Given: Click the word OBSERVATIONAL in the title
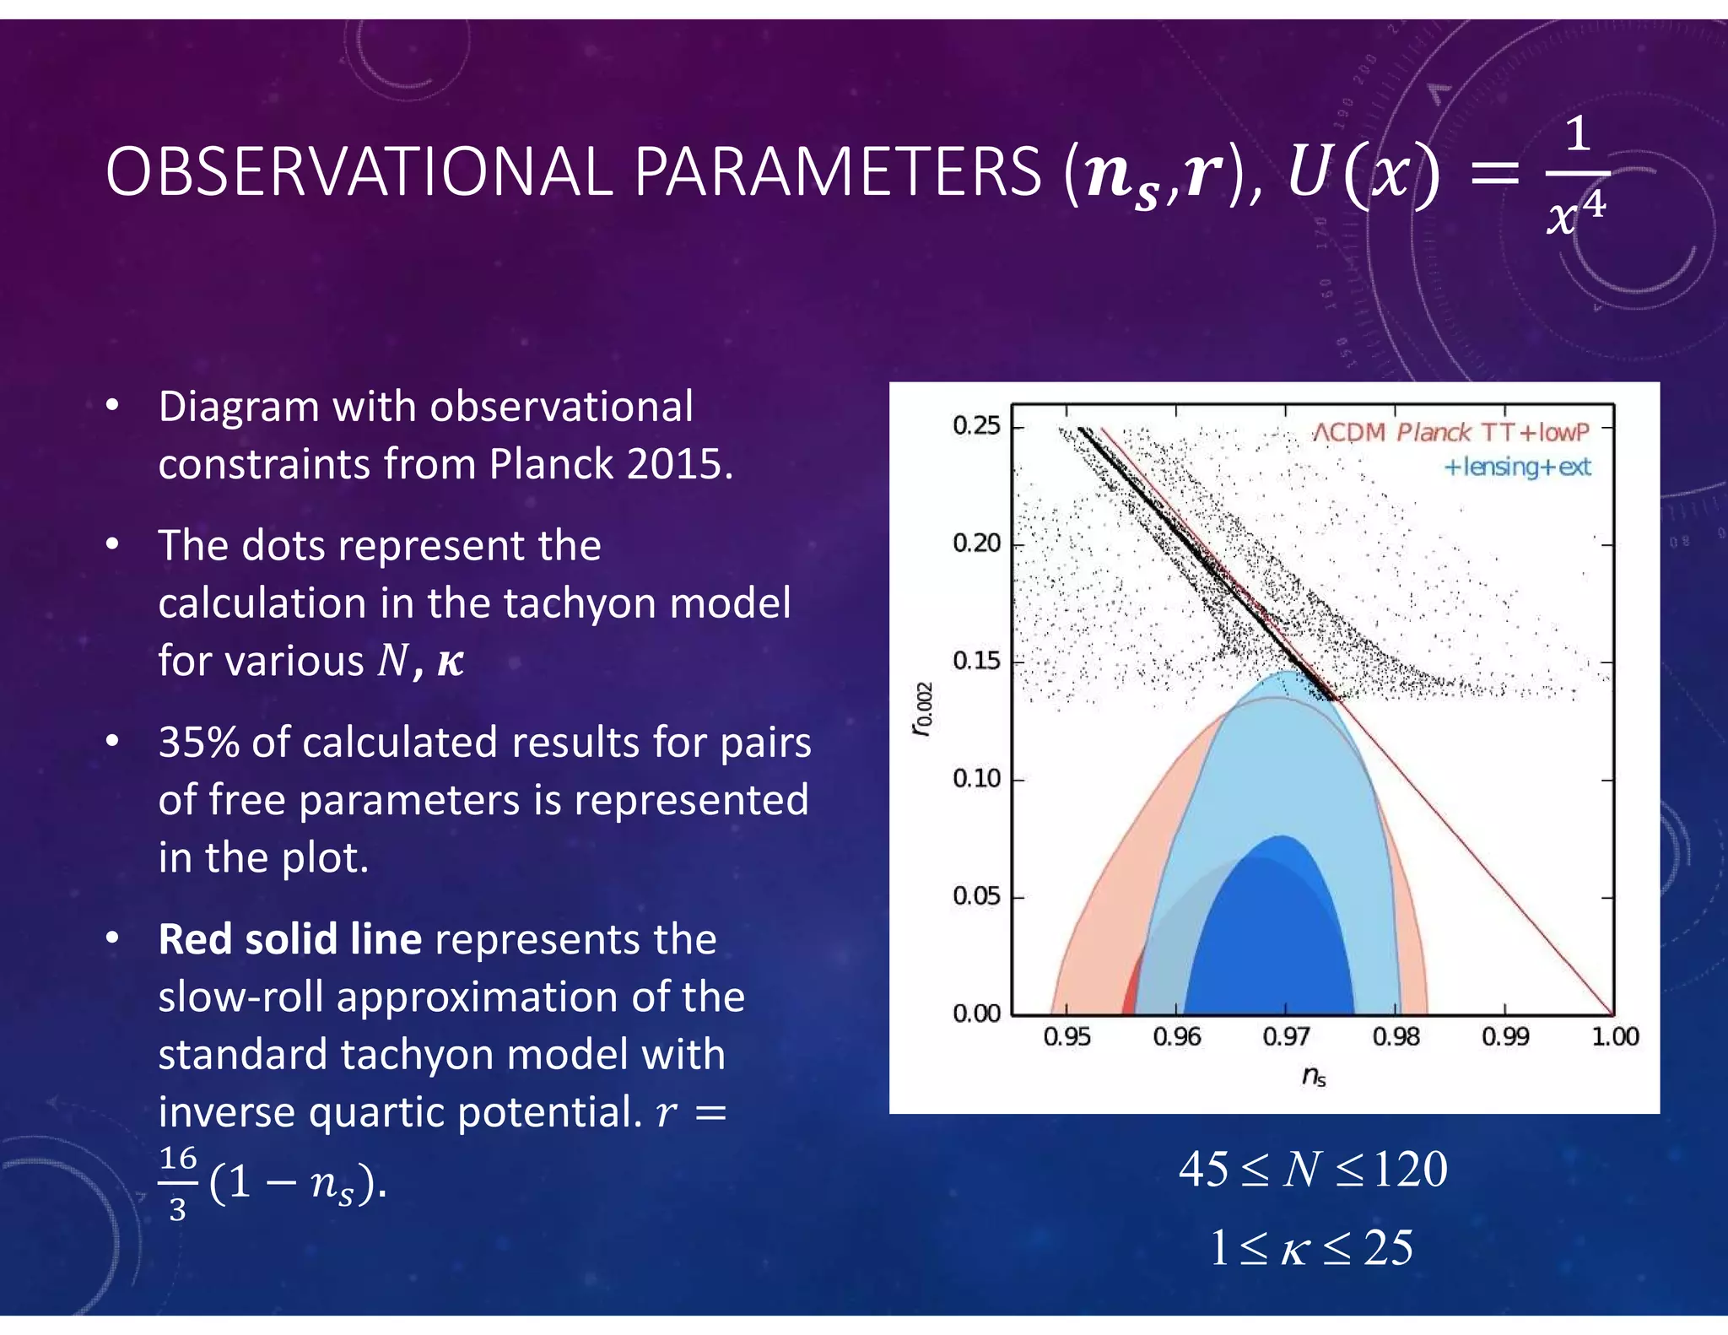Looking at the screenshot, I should (x=359, y=173).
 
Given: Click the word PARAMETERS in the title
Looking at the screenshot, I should (x=837, y=173).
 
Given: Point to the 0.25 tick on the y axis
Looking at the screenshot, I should (x=976, y=425).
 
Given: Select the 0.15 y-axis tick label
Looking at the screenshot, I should (x=976, y=661).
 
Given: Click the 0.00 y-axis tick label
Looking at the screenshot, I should (x=976, y=1013).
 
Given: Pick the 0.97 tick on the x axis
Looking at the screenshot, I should (x=1286, y=1036).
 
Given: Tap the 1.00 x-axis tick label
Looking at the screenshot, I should (x=1614, y=1036).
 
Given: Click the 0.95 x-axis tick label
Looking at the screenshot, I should (x=1066, y=1036).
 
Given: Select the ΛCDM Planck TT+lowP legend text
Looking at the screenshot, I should (x=1450, y=433).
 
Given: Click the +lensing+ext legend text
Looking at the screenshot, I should (x=1517, y=467).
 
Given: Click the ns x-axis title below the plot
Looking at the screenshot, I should (x=1314, y=1076).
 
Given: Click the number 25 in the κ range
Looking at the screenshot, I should (x=1388, y=1247).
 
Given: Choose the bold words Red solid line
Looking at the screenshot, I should (x=289, y=939).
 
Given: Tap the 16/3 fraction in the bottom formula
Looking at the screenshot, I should (x=177, y=1183).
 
